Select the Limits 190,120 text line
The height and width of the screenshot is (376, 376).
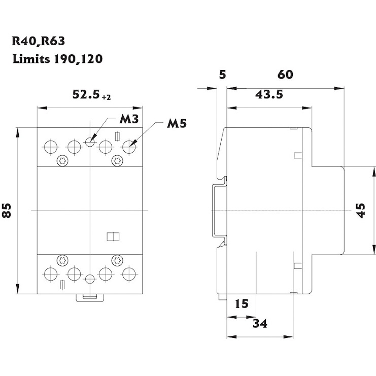coord(58,59)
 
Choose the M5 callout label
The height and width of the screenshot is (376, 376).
coord(177,124)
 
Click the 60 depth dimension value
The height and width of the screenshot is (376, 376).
coord(285,75)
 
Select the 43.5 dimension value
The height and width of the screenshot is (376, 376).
coord(269,95)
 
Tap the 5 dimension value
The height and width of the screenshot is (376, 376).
coord(221,75)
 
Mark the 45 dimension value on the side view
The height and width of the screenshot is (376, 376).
coord(361,210)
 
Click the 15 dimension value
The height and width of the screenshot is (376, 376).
coord(242,304)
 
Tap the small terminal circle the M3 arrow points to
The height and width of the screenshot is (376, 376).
coord(90,142)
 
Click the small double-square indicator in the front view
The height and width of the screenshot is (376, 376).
coord(113,236)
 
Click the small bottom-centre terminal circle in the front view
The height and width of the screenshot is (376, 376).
coord(90,280)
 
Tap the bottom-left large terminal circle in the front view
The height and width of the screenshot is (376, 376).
coord(51,274)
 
